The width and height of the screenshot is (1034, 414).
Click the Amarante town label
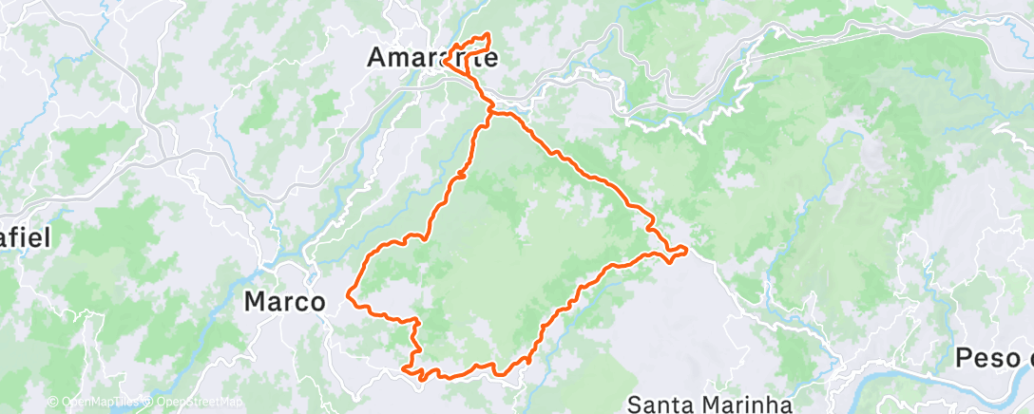432,58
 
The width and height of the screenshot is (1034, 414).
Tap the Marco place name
285,302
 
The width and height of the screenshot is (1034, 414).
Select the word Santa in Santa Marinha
662,405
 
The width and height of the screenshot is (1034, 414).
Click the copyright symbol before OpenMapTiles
53,403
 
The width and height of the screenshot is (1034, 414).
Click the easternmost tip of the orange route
685,250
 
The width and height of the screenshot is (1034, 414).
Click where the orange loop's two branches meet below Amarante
490,113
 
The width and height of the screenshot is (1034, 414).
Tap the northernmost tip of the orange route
488,34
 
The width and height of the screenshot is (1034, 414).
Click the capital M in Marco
255,302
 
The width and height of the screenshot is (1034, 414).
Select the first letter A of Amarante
376,58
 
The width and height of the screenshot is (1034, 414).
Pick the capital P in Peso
964,359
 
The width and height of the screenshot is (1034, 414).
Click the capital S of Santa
636,405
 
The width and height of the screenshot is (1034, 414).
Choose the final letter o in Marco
317,303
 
